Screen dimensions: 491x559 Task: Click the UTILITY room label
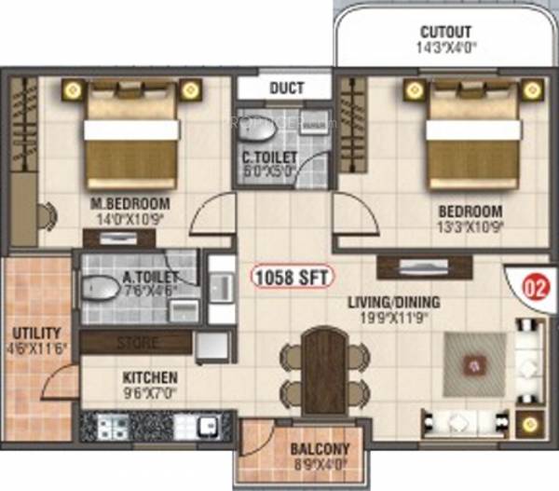pyautogui.click(x=36, y=333)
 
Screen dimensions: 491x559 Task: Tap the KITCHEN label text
pyautogui.click(x=151, y=378)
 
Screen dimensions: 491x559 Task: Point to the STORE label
pyautogui.click(x=137, y=343)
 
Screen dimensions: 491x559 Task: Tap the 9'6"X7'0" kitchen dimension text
pyautogui.click(x=151, y=393)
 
